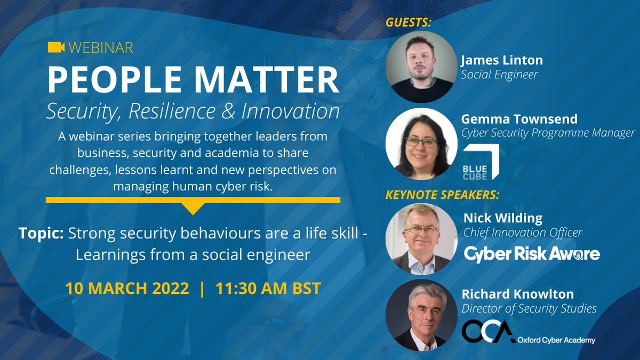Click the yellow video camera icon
(x=55, y=47)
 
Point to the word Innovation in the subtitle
(x=291, y=111)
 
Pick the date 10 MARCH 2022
(x=127, y=289)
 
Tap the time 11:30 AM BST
(x=268, y=289)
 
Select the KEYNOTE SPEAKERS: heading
(x=442, y=194)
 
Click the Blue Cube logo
(x=481, y=161)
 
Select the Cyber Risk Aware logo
(x=532, y=254)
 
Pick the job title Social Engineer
(x=500, y=75)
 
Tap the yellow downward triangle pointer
(x=193, y=208)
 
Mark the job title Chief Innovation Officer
(x=523, y=233)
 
